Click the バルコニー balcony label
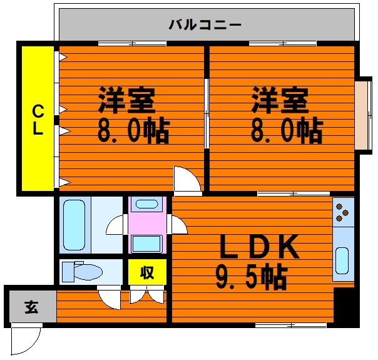coord(205,25)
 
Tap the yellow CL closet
coord(38,118)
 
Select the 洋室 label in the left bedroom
coord(126,100)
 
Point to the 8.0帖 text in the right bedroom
coord(287,131)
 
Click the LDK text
coord(259,246)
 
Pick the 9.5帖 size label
coord(252,277)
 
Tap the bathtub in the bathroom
coord(74,225)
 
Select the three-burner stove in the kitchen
coord(343,212)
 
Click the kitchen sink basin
coord(342,260)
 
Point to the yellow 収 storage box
coord(147,272)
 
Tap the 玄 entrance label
coord(31,307)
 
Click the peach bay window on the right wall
coord(363,115)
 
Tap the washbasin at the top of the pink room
coord(146,204)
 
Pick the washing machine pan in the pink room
coord(146,244)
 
